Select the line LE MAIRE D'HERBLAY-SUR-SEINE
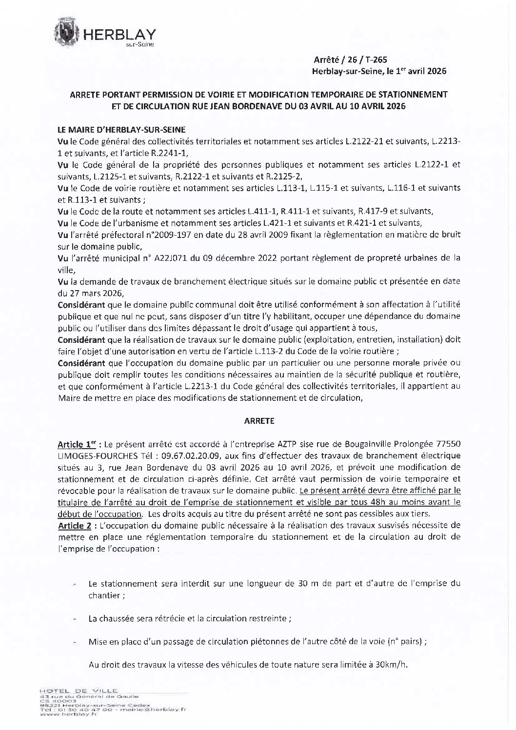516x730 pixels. [121, 129]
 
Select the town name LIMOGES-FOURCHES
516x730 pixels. [96, 456]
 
